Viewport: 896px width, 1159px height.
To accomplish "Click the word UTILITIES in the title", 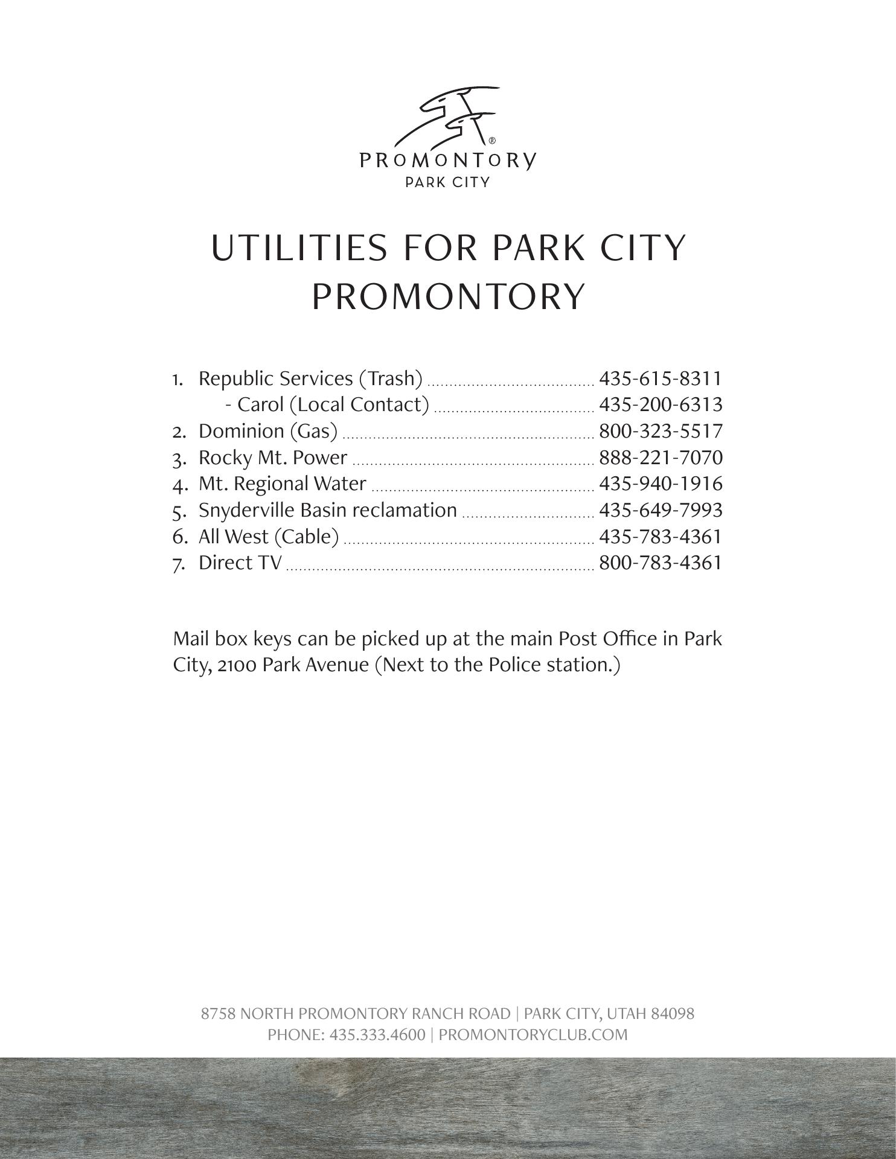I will (x=299, y=248).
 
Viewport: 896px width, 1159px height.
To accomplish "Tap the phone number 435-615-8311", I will (x=660, y=378).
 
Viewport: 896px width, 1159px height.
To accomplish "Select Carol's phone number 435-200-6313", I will (x=660, y=404).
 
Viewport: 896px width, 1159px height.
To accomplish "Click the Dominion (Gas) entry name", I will (x=268, y=431).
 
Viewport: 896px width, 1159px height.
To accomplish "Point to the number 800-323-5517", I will (x=660, y=431).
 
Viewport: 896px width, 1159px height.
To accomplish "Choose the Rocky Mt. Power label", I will (x=273, y=458).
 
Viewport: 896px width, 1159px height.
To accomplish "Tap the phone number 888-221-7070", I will (x=660, y=458).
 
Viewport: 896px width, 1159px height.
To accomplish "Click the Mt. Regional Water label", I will (x=282, y=484).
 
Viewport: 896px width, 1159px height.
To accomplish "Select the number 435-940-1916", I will (x=660, y=484).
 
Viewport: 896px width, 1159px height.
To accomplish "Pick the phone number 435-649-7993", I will (x=660, y=510).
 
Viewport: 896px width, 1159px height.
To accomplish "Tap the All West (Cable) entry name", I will (x=269, y=536).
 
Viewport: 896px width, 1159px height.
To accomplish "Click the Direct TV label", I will (x=240, y=563).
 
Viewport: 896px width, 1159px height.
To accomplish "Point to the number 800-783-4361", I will (x=660, y=563).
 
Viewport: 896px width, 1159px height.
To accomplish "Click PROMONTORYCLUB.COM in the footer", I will (x=533, y=1034).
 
